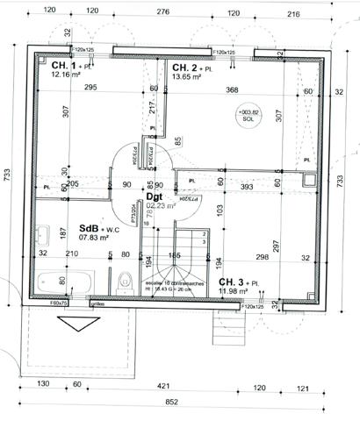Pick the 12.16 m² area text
(66, 75)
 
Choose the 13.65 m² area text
(187, 77)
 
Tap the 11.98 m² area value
(234, 291)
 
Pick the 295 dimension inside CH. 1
(90, 88)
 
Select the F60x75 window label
(60, 303)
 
